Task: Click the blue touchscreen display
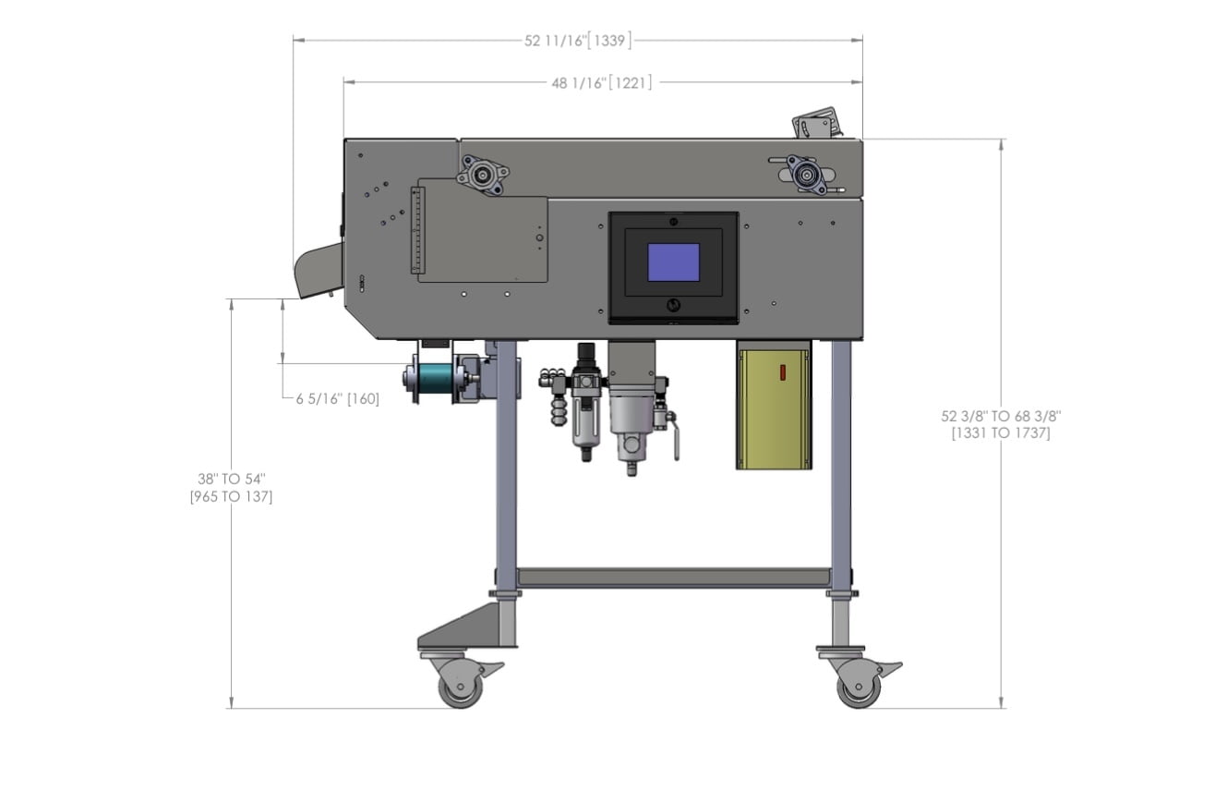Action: (x=673, y=262)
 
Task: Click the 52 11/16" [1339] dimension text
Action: (x=578, y=41)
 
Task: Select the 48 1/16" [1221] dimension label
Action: (x=602, y=83)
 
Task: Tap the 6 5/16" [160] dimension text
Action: (x=337, y=399)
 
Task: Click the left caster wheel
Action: (x=461, y=688)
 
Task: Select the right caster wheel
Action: (x=859, y=688)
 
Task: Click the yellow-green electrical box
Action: (x=774, y=408)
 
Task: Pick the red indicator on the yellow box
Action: (x=782, y=372)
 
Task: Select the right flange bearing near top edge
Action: (x=806, y=174)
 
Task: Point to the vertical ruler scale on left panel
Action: (x=415, y=230)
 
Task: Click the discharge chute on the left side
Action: (x=315, y=269)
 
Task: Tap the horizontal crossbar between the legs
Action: (x=673, y=578)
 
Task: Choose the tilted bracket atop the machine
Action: (x=816, y=123)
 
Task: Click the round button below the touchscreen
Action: (x=673, y=305)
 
